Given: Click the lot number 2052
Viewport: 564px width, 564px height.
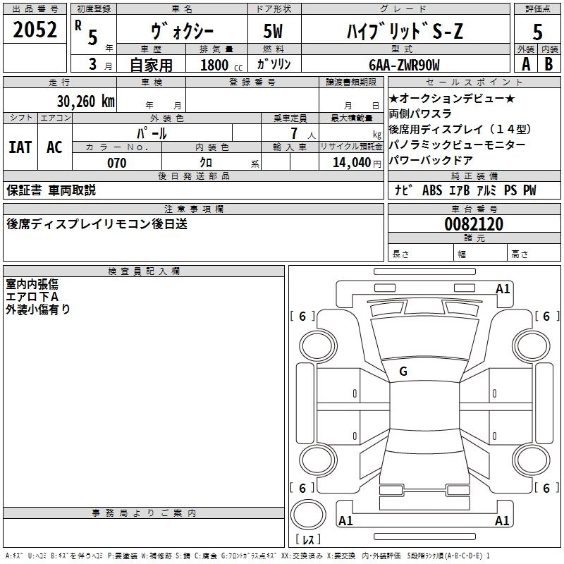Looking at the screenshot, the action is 35,30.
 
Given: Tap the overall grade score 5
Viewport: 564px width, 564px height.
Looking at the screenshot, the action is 538,32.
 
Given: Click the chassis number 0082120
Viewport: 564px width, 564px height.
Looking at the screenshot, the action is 474,225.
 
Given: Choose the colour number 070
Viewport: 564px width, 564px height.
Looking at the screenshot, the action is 116,163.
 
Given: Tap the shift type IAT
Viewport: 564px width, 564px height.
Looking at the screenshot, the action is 20,147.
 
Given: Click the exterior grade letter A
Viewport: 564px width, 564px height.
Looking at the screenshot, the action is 525,64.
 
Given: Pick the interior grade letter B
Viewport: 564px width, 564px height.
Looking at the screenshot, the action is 549,64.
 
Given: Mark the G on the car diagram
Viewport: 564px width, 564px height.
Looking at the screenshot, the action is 403,372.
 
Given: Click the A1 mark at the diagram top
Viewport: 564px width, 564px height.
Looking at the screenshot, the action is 503,288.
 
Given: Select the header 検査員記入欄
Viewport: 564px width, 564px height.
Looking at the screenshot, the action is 144,271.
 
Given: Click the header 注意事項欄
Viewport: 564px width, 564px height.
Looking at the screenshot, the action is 193,209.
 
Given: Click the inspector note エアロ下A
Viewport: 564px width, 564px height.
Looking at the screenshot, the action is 32,297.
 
